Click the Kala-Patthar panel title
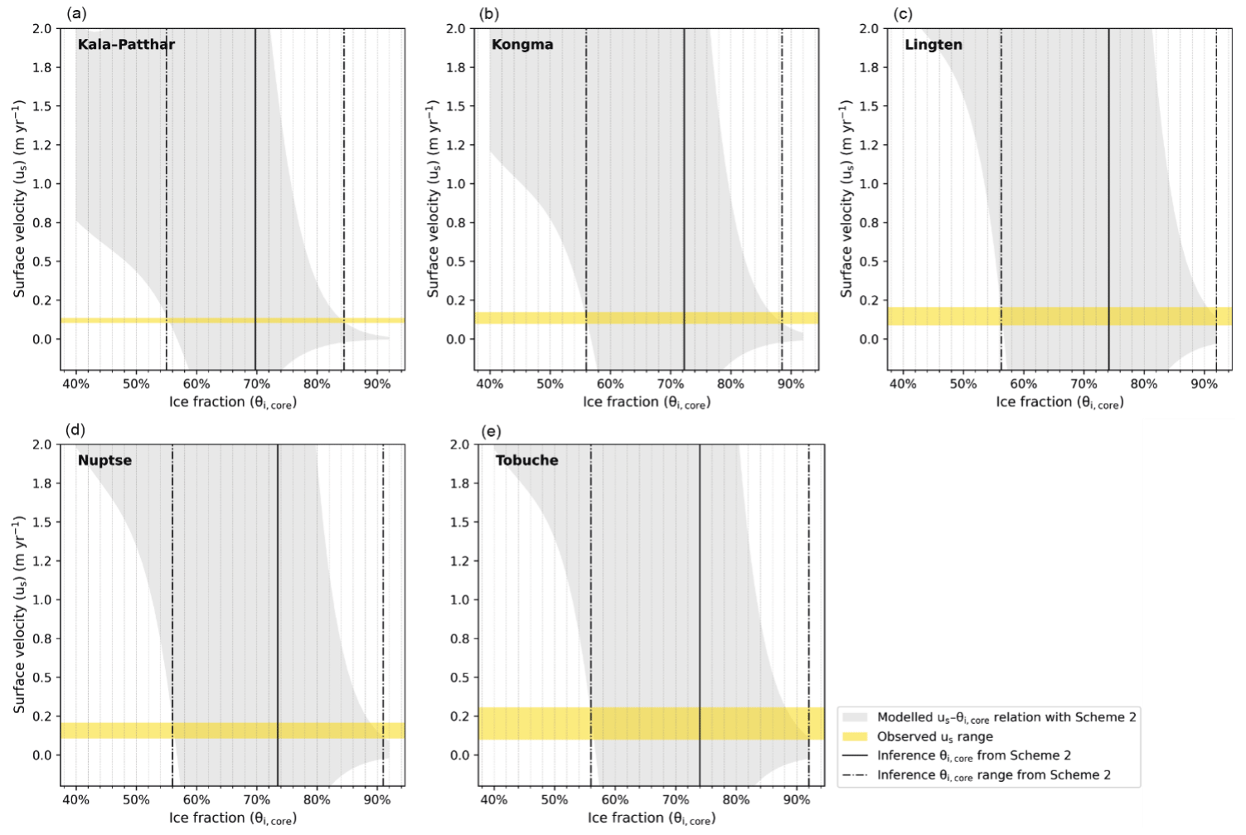[x=126, y=45]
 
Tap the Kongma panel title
[x=522, y=45]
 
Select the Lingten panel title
[x=933, y=45]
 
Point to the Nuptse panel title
[x=104, y=461]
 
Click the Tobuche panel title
[x=526, y=461]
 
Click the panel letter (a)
[x=76, y=13]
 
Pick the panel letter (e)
[x=492, y=430]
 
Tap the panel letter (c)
[x=904, y=13]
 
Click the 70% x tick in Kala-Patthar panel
[x=256, y=384]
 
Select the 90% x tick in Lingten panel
[x=1204, y=384]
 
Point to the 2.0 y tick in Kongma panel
[x=456, y=29]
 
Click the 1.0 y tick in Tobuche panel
[x=460, y=600]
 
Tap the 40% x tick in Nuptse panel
[x=76, y=800]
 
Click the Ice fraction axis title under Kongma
[x=647, y=403]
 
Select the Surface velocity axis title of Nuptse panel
[x=19, y=614]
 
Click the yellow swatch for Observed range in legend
[x=855, y=736]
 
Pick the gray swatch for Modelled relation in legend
[x=855, y=717]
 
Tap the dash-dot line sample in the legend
[x=855, y=775]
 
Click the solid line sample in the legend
[x=855, y=755]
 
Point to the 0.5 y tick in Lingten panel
[x=870, y=262]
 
